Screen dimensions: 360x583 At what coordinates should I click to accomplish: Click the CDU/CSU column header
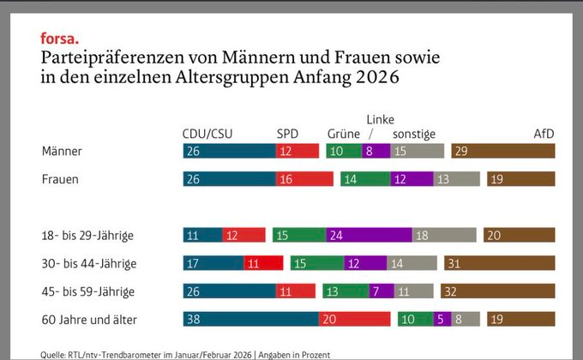point(207,134)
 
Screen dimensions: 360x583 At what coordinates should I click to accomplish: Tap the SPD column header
point(287,134)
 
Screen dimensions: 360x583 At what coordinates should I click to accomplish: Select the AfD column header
point(544,134)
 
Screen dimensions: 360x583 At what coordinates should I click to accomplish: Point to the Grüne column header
point(344,134)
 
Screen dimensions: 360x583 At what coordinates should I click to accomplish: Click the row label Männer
point(62,151)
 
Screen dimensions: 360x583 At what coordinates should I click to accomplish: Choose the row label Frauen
point(60,179)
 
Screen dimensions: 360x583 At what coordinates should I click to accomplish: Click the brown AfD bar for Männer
point(503,151)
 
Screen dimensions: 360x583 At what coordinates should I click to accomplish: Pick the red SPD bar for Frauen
point(304,179)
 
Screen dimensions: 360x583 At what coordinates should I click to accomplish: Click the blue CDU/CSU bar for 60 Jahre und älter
point(250,319)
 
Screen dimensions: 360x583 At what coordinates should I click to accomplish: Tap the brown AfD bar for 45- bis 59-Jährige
point(498,291)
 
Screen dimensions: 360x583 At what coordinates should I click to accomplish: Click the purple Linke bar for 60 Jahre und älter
point(442,319)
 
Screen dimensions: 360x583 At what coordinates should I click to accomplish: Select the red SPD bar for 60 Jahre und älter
point(354,319)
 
